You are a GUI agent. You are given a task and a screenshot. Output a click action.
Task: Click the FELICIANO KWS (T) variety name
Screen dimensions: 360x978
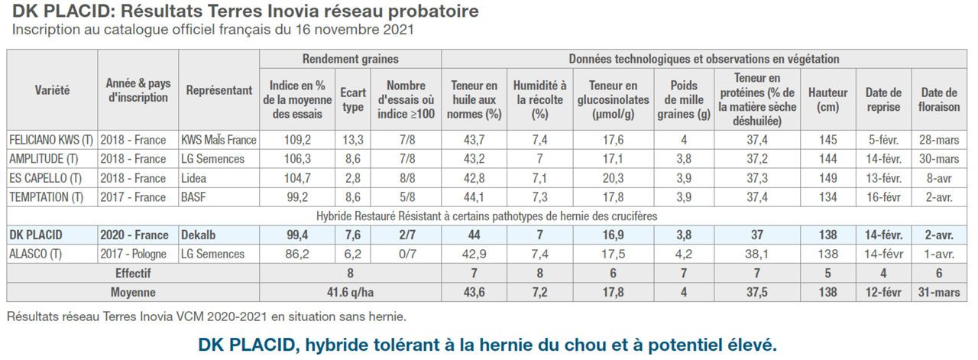pos(50,140)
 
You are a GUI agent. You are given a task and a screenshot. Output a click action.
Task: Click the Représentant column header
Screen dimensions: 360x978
pos(219,90)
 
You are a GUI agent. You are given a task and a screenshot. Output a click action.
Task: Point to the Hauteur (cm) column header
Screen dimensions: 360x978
pos(827,99)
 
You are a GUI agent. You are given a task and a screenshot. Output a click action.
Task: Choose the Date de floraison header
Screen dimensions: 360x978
pos(939,99)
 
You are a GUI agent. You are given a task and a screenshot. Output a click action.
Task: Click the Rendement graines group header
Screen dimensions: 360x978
pos(350,59)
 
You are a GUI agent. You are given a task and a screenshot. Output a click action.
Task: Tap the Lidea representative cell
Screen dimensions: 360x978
pos(196,178)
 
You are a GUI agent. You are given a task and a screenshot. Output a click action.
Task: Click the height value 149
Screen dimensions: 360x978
pos(827,178)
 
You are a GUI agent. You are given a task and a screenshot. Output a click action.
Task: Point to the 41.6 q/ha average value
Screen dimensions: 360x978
pos(350,292)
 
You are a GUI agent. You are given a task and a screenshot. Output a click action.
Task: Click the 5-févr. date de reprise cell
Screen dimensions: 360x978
pos(883,140)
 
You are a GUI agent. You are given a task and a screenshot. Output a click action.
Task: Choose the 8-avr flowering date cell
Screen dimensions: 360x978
pos(939,178)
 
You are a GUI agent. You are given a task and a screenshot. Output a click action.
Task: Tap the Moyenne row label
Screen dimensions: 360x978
pos(133,292)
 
